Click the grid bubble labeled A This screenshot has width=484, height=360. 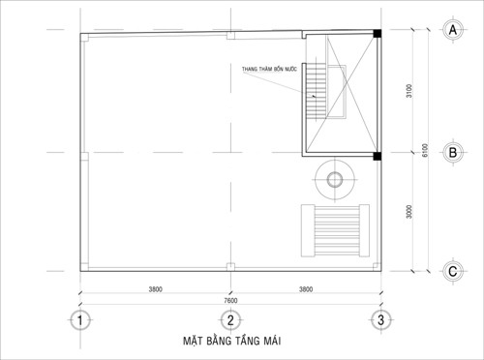pos(453,30)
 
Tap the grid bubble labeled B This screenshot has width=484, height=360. pos(453,152)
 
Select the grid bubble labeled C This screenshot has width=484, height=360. pos(453,271)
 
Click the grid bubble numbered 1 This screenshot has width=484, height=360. pos(80,320)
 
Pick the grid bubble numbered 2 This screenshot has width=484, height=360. pos(230,320)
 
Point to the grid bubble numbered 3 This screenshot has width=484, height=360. pos(381,320)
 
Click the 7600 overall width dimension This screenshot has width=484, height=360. pos(230,301)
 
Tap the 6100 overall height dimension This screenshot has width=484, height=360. pos(425,150)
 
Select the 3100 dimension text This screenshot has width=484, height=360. pos(409,91)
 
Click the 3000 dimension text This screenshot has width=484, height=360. pos(409,212)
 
